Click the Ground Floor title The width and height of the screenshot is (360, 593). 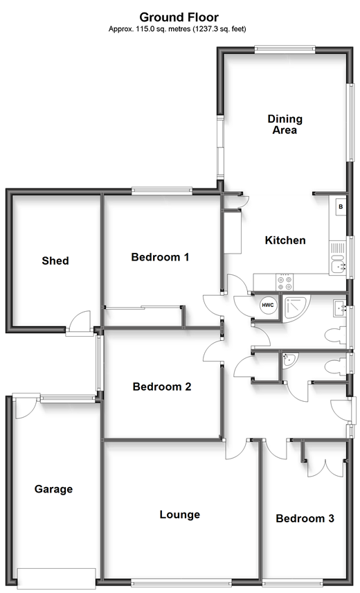179,17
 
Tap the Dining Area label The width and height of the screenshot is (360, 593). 285,125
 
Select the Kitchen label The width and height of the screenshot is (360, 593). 285,240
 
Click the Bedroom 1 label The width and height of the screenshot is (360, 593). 160,257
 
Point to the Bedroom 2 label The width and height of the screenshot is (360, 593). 162,387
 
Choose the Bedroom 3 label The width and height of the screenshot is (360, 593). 305,518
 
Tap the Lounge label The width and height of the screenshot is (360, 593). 180,515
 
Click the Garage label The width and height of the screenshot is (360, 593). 53,489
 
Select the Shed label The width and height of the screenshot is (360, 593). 55,260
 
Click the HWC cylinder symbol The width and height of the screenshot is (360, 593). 268,304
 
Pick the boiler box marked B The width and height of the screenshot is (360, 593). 341,207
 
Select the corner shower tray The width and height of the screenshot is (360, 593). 296,308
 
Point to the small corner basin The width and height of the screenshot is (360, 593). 290,360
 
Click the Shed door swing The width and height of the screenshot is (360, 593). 78,322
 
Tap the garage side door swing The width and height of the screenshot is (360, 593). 24,407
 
